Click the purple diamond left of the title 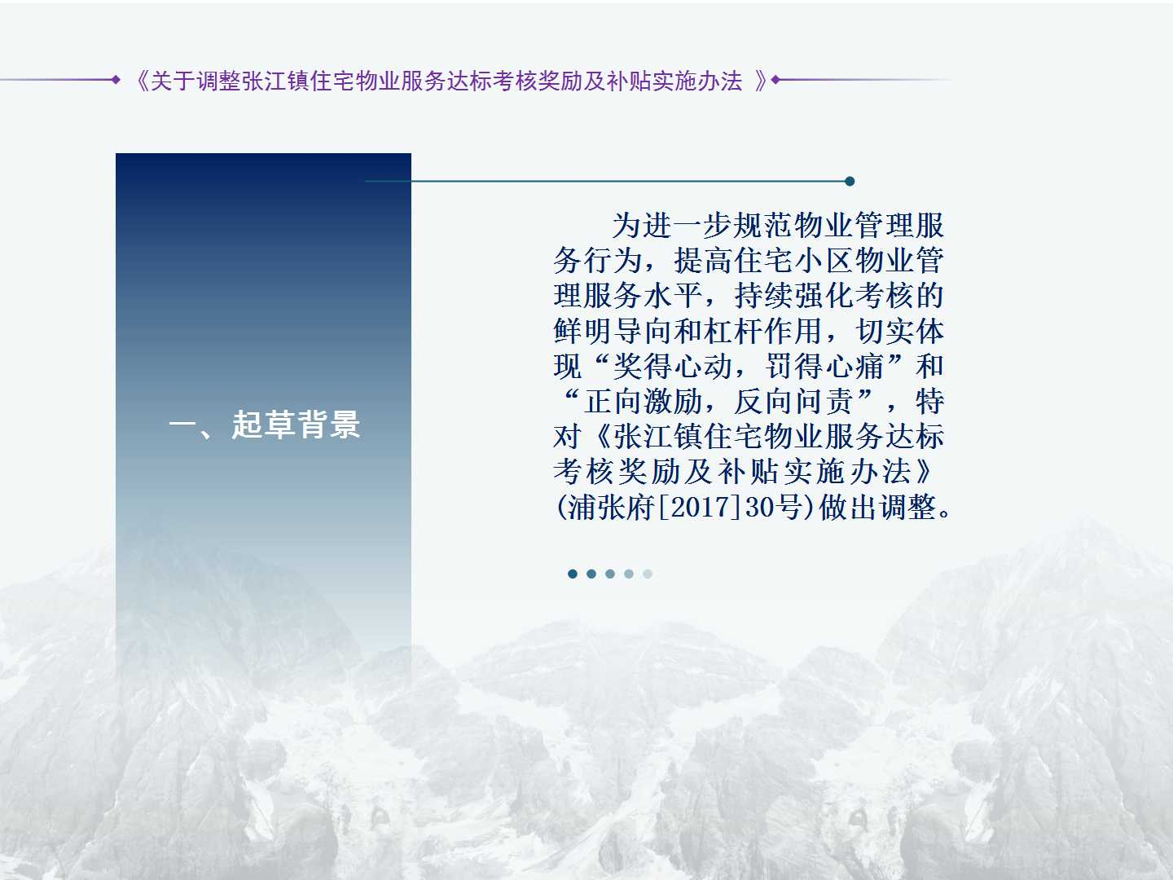[x=116, y=80]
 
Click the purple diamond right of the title [x=776, y=80]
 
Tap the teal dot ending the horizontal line [x=850, y=181]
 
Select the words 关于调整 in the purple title [x=195, y=81]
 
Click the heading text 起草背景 [x=296, y=425]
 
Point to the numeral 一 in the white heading [x=183, y=425]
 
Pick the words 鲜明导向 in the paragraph [x=613, y=331]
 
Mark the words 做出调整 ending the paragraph [x=877, y=507]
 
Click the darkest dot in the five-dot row [x=573, y=574]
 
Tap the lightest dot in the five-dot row [x=648, y=574]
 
